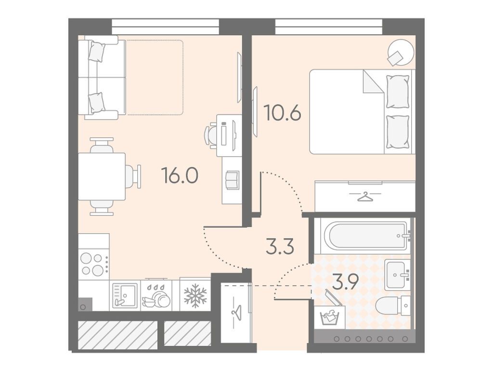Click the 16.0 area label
coord(180,175)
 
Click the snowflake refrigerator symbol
coord(195,295)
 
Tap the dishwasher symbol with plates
coord(156,296)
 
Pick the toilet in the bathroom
coord(393,305)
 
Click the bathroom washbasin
coord(397,274)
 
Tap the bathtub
coord(365,235)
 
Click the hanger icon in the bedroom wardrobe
coord(365,197)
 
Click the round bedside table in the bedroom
coord(400,52)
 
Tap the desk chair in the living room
coord(211,134)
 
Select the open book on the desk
coord(232,180)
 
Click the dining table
coord(102,176)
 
